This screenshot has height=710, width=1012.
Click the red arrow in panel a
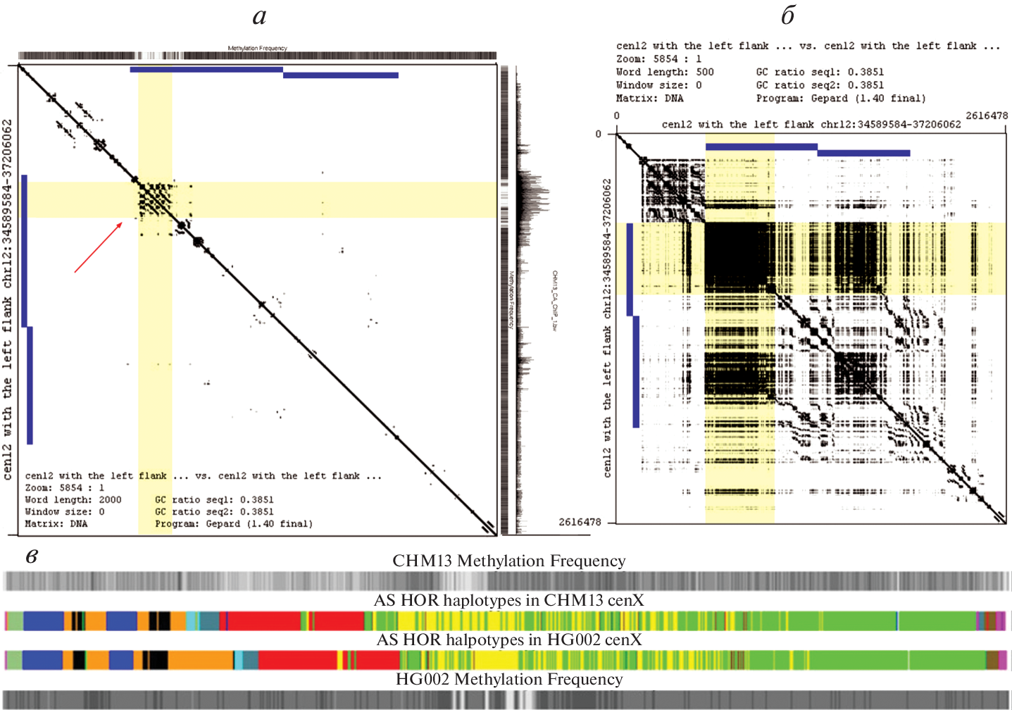99,247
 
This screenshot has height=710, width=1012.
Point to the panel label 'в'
32,556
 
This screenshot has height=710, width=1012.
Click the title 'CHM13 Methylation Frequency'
508,561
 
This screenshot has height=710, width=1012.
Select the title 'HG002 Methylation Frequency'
508,679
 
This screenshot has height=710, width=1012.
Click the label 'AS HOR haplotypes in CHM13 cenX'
508,600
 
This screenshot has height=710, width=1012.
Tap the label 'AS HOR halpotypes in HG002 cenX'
508,640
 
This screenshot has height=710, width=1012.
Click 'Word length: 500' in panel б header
665,72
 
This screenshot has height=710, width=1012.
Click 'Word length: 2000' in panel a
73,499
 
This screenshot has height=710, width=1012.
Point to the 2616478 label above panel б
987,116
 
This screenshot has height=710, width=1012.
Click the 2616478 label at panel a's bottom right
580,522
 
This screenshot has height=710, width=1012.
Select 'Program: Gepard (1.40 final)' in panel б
841,99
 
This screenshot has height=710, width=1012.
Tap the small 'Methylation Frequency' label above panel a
257,48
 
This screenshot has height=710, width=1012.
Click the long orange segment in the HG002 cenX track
200,660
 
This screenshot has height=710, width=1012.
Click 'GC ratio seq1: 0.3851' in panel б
820,72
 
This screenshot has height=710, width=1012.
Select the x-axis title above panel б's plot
811,125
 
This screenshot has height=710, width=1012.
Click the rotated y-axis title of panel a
8,299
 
